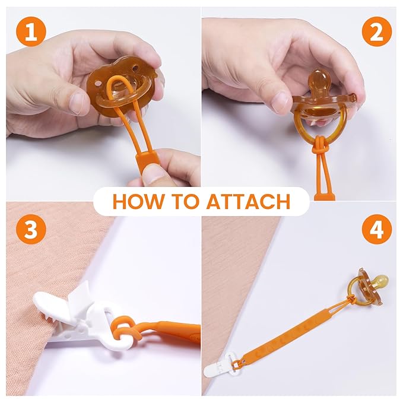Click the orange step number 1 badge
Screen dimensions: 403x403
[31, 31]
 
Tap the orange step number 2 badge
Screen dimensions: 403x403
[376, 31]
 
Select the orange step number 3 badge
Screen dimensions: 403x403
[31, 230]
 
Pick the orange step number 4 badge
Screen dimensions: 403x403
[376, 230]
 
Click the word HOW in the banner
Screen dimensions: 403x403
[138, 202]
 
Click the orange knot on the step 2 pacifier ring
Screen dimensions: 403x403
[318, 144]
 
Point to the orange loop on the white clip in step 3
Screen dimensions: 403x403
[126, 331]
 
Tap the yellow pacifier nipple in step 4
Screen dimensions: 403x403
[380, 281]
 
